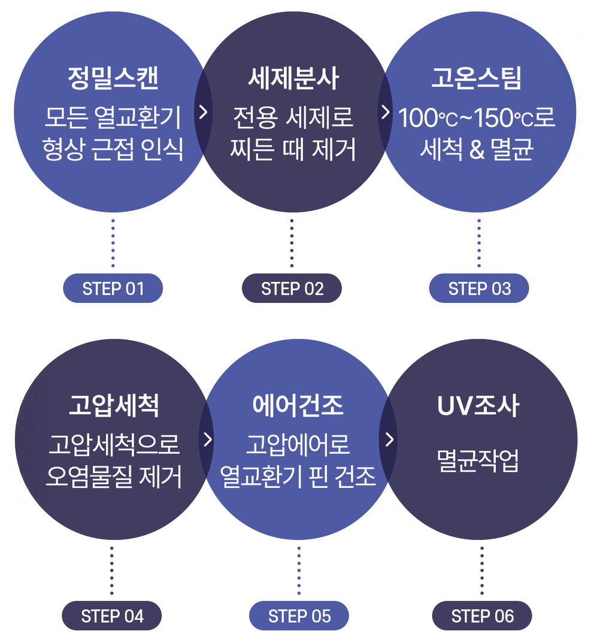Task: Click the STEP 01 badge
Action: coord(113,289)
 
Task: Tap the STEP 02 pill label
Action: coord(292,289)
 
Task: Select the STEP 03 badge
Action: coord(479,289)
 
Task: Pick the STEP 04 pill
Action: coord(112,616)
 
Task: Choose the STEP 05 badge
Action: coord(299,616)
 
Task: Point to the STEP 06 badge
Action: coord(482,616)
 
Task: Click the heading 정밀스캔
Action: coord(113,78)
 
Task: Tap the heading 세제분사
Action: coord(293,78)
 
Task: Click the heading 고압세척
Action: coord(113,406)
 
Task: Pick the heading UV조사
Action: coord(478,406)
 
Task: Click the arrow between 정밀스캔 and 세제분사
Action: coord(204,113)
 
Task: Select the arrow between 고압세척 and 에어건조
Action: coord(208,439)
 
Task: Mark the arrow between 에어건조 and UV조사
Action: coord(390,439)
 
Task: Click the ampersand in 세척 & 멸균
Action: coord(477,150)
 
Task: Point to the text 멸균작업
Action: coord(478,461)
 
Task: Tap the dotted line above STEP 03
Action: coord(479,242)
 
